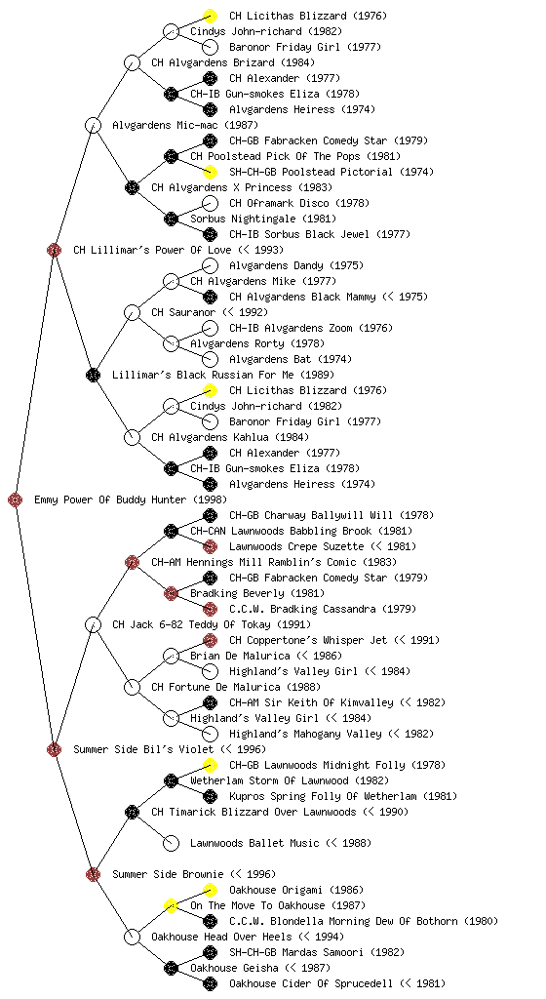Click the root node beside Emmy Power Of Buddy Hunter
(16, 499)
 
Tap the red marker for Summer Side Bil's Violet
(54, 749)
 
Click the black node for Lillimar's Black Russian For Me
(93, 375)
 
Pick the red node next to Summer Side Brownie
(93, 874)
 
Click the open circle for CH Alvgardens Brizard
(132, 62)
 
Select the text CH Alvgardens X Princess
(221, 187)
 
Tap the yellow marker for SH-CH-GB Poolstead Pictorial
(210, 172)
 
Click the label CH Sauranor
(182, 312)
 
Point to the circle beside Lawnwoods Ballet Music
(171, 843)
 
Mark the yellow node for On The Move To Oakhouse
(171, 905)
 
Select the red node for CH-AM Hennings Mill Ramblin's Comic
(132, 562)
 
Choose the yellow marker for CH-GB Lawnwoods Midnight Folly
(210, 765)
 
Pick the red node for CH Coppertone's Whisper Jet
(210, 640)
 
